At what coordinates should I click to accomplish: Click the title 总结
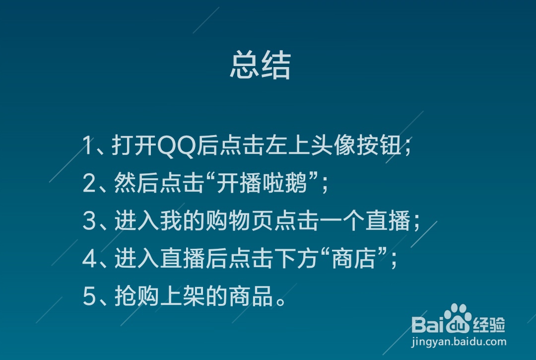[260, 65]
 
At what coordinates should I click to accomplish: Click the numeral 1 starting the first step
[88, 146]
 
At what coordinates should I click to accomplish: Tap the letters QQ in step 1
[176, 146]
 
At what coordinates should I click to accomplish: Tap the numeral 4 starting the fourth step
[89, 259]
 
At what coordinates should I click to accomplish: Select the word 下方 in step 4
[297, 259]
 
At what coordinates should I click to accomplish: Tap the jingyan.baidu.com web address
[459, 342]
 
